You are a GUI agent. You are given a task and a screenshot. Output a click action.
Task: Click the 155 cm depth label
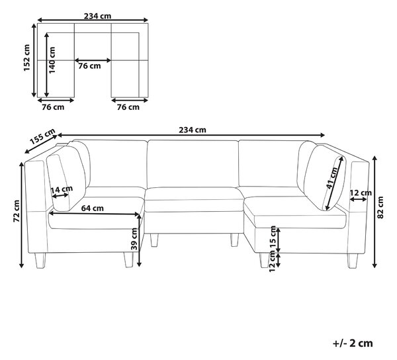(42, 136)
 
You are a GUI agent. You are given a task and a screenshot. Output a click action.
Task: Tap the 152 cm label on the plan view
(26, 58)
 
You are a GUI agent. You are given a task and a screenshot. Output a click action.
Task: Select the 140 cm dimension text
(52, 60)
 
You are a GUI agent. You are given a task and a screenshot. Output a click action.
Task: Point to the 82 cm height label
(380, 207)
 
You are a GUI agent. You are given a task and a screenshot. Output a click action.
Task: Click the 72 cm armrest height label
(17, 211)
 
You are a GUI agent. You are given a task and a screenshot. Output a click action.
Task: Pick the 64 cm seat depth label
(93, 208)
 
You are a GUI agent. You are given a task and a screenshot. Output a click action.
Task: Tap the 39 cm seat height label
(134, 239)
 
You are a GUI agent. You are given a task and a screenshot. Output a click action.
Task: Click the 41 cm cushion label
(332, 178)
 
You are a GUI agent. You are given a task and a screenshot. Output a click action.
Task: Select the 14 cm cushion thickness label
(62, 189)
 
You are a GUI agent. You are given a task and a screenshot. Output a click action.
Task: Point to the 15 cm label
(273, 237)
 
